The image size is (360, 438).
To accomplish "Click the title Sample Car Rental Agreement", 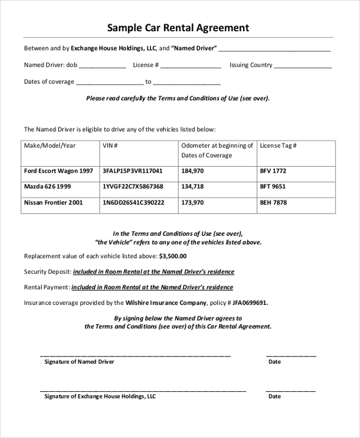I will pos(178,28).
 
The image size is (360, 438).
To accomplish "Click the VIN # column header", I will pos(110,146).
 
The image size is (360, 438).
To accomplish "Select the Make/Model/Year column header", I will pos(50,146).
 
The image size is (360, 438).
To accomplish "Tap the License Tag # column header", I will pos(278,146).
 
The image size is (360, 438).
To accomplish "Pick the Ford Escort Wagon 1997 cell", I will pos(58,171).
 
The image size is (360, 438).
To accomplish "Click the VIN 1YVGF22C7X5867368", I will pos(133,187).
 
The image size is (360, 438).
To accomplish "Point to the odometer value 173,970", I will pos(193,203).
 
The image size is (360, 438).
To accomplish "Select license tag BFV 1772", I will pos(273,171).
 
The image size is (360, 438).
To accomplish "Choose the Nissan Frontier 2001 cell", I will pos(53,203).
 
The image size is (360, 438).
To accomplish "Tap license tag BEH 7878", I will pos(273,203).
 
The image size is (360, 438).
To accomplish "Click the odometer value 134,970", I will pos(193,187).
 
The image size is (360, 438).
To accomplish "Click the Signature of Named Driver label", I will pos(79,362).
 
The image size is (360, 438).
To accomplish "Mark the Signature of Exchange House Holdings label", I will pos(100,397).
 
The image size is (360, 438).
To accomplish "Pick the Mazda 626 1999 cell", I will pos(47,187).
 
